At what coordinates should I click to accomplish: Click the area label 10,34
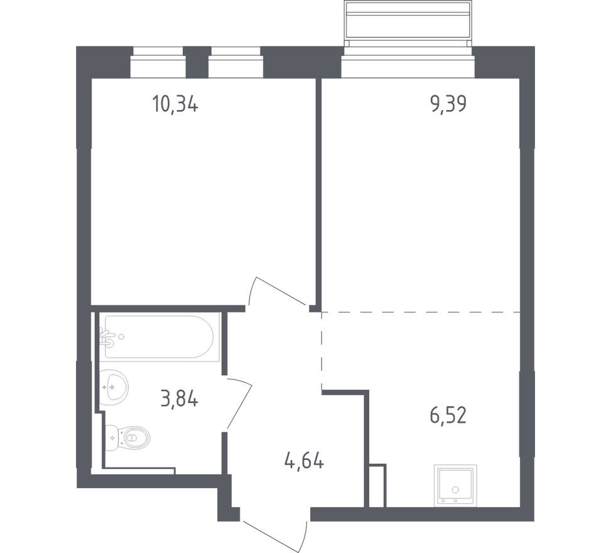175,104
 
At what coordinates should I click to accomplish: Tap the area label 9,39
448,104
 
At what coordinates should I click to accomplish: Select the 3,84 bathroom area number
179,400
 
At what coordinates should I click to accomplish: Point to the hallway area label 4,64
305,462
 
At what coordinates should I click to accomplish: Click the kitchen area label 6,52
448,415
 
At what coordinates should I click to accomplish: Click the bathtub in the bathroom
159,337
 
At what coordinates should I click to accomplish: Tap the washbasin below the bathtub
114,388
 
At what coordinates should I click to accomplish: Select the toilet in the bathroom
128,438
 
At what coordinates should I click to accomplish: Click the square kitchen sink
455,486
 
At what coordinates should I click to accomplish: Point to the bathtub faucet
107,337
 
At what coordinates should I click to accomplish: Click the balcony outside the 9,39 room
408,24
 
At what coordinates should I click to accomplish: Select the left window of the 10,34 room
158,62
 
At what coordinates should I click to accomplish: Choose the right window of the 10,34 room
235,62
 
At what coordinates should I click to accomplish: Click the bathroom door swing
239,403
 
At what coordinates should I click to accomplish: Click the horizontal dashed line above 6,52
421,312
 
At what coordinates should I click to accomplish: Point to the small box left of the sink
377,486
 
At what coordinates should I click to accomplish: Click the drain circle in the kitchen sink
455,489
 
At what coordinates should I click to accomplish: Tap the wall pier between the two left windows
197,62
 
